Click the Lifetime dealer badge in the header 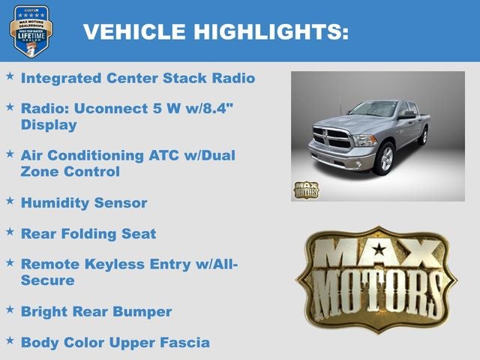point(31,31)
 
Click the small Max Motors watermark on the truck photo point(305,190)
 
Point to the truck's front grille point(331,139)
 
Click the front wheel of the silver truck point(385,158)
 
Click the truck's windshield point(373,109)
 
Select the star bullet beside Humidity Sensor point(10,201)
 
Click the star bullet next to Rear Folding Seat point(10,232)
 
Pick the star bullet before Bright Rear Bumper point(10,310)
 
